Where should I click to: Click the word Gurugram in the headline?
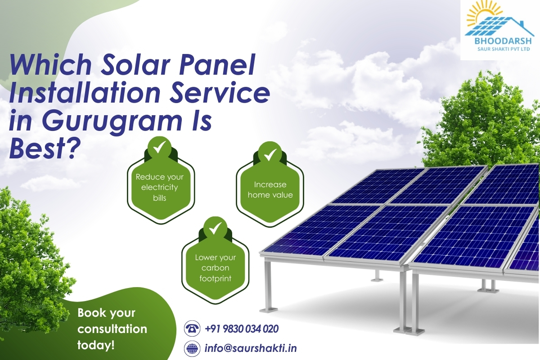pyautogui.click(x=112, y=122)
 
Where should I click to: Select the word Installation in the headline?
pyautogui.click(x=85, y=93)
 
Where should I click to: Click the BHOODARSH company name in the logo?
pyautogui.click(x=503, y=41)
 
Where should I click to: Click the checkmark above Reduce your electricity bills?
pyautogui.click(x=159, y=147)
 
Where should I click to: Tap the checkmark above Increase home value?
pyautogui.click(x=270, y=154)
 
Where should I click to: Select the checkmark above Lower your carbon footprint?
pyautogui.click(x=215, y=228)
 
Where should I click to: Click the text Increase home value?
pyautogui.click(x=270, y=189)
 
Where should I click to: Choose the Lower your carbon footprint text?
pyautogui.click(x=215, y=268)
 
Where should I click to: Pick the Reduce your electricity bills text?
pyautogui.click(x=159, y=187)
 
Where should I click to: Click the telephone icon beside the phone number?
pyautogui.click(x=192, y=328)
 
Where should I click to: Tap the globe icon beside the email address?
pyautogui.click(x=192, y=348)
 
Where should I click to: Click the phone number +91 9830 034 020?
pyautogui.click(x=242, y=328)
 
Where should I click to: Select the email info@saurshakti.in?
pyautogui.click(x=251, y=348)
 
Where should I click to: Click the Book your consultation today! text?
pyautogui.click(x=112, y=329)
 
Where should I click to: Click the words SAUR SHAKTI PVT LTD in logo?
pyautogui.click(x=504, y=49)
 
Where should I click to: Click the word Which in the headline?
pyautogui.click(x=50, y=65)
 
